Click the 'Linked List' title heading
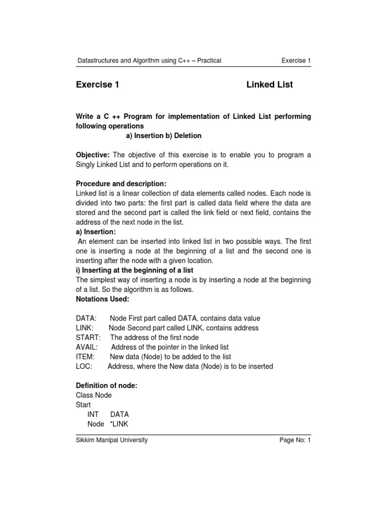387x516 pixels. (x=269, y=85)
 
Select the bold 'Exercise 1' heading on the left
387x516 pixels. (x=97, y=85)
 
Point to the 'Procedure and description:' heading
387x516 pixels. (x=121, y=184)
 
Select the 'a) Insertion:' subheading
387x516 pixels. (x=96, y=232)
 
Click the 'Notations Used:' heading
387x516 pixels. (x=102, y=299)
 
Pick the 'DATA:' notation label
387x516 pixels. (x=86, y=318)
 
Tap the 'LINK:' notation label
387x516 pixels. (x=85, y=328)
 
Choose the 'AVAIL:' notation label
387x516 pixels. (x=87, y=347)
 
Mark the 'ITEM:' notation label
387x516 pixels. (x=85, y=357)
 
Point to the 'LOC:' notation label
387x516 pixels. (x=84, y=366)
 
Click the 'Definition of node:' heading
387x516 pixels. (x=106, y=385)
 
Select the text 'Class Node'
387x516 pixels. (x=94, y=395)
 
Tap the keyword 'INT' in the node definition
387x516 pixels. (x=93, y=414)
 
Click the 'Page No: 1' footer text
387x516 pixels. (x=295, y=440)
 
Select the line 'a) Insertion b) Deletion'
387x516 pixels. (x=163, y=136)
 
